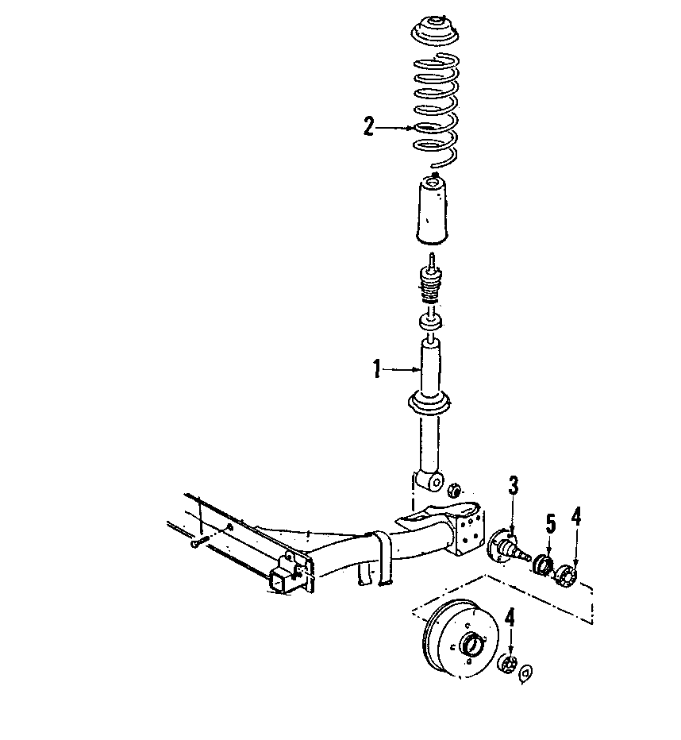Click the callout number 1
pyautogui.click(x=379, y=368)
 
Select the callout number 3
pyautogui.click(x=514, y=485)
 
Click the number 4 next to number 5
pyautogui.click(x=576, y=517)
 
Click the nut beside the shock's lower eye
pyautogui.click(x=455, y=489)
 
